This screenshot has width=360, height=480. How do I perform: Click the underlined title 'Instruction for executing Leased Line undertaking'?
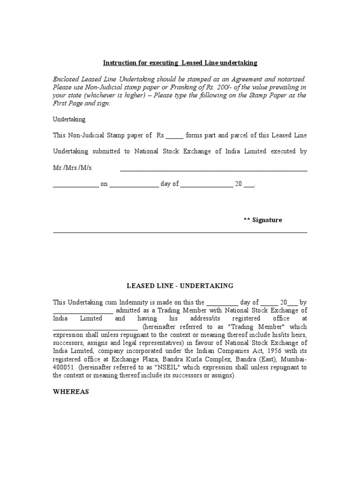tap(180, 63)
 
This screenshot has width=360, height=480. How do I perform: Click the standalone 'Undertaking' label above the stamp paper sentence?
tap(69, 120)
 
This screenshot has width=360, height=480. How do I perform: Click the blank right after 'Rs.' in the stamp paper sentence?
tap(175, 136)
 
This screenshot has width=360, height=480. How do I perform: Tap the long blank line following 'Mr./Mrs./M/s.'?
tap(214, 170)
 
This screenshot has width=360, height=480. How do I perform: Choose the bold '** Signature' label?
tap(262, 220)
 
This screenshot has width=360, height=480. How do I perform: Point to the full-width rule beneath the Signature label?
tap(180, 232)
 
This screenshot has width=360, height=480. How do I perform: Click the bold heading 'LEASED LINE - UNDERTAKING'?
tap(180, 285)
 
